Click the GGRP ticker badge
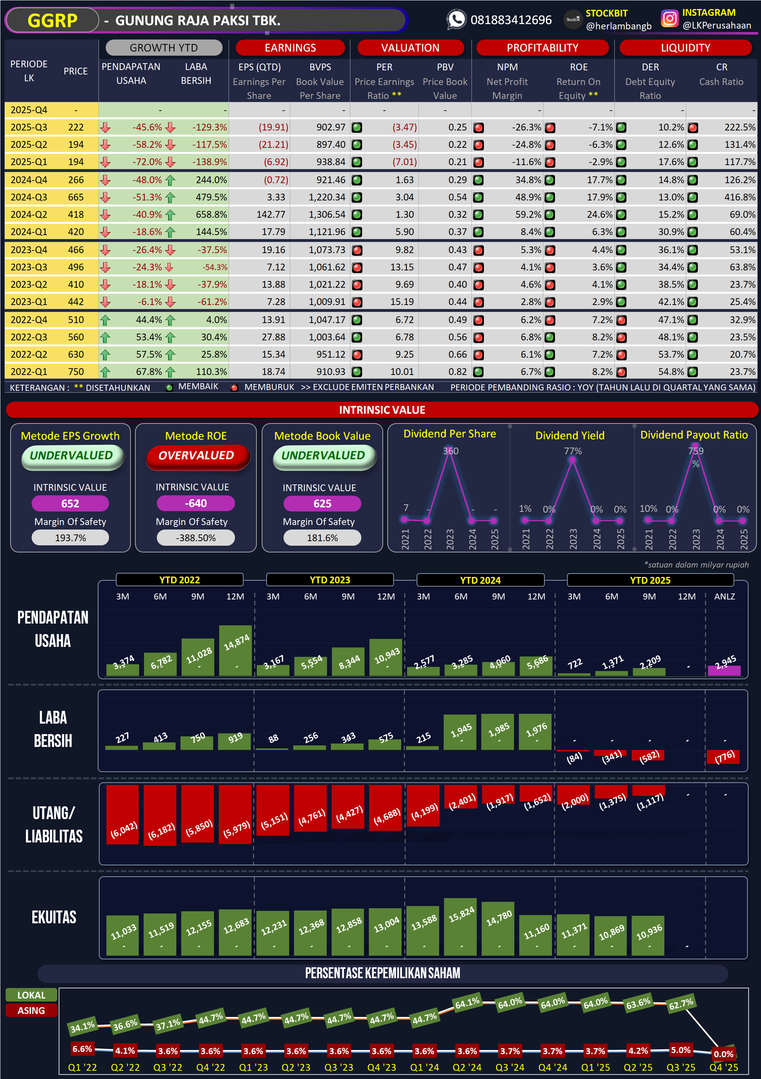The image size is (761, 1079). pyautogui.click(x=52, y=21)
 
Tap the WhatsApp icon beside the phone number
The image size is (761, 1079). pyautogui.click(x=456, y=20)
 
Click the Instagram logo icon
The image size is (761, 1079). pyautogui.click(x=669, y=19)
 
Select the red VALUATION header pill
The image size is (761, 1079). pyautogui.click(x=410, y=47)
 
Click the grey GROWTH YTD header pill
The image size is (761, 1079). pyautogui.click(x=164, y=47)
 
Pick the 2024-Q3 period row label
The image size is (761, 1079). pyautogui.click(x=29, y=197)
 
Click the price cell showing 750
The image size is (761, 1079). pyautogui.click(x=76, y=372)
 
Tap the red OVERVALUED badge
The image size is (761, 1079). pyautogui.click(x=196, y=455)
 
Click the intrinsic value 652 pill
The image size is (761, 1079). pyautogui.click(x=70, y=503)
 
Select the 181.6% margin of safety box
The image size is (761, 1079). pyautogui.click(x=322, y=538)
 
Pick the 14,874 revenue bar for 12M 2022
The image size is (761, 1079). pyautogui.click(x=235, y=651)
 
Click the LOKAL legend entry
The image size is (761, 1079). pyautogui.click(x=32, y=995)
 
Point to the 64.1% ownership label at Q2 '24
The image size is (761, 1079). pyautogui.click(x=467, y=1003)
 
